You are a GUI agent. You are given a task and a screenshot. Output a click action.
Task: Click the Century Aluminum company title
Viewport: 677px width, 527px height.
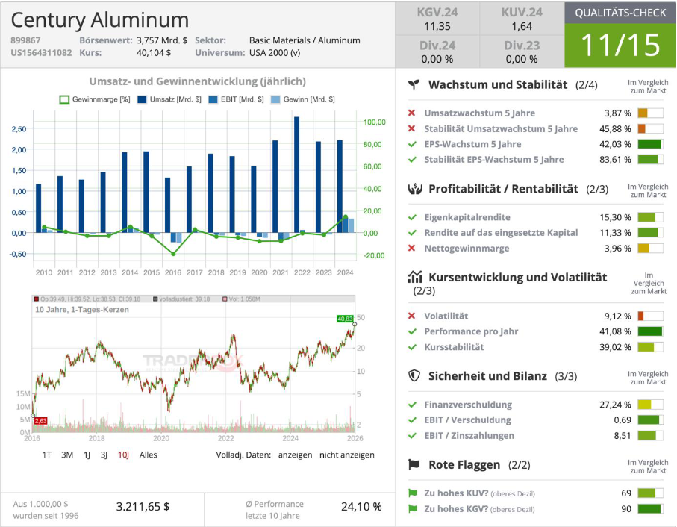point(100,20)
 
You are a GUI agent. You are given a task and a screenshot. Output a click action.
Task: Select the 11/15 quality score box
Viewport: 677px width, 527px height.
point(620,46)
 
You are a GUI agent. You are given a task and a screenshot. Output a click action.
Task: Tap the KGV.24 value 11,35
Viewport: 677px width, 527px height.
point(437,26)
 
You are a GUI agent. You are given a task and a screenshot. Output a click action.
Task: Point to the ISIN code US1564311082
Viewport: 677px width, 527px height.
point(41,53)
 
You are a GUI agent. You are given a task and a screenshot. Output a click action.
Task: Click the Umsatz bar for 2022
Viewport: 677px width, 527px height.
point(296,174)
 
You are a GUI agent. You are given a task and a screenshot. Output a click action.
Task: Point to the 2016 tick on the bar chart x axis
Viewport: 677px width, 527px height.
point(172,272)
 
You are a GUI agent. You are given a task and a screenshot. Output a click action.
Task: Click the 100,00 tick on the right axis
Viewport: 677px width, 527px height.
point(374,122)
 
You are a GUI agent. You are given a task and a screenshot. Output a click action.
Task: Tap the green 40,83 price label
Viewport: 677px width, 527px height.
point(345,319)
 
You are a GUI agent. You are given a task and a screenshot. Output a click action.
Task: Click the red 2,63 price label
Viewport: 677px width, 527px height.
point(40,421)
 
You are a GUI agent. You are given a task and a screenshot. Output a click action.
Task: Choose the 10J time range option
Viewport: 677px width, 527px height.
point(123,455)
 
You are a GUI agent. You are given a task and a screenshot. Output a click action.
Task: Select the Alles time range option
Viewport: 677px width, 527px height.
point(149,455)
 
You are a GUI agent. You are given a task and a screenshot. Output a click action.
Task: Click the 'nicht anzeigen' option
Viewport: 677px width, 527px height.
point(347,455)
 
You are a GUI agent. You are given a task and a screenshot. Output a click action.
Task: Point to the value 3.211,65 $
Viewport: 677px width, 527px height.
point(143,506)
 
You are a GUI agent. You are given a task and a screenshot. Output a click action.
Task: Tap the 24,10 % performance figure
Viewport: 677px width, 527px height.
point(361,506)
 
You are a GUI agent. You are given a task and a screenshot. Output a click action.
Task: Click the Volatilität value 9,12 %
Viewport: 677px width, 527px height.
point(617,316)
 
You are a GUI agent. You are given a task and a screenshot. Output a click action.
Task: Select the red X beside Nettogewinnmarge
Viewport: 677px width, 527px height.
point(411,248)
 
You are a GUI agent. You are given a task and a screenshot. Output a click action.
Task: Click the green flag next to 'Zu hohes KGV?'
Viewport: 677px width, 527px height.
point(411,509)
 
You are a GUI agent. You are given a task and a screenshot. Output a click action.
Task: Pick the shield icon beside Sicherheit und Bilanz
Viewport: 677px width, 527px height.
point(415,375)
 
